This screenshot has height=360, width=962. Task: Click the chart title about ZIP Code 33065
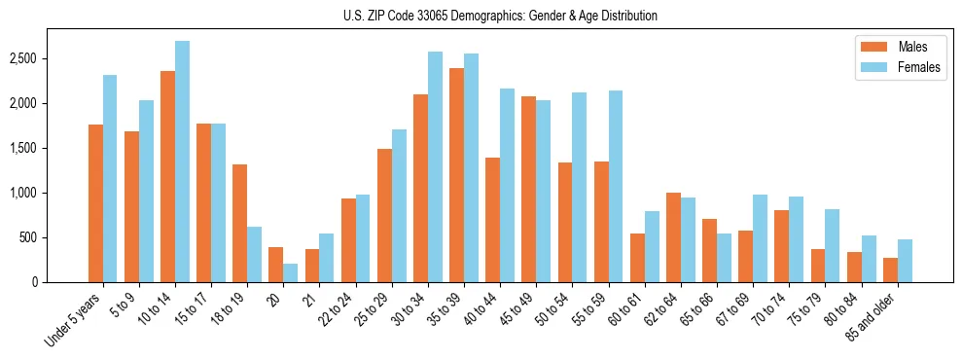coord(500,16)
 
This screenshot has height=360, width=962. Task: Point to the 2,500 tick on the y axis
coord(22,58)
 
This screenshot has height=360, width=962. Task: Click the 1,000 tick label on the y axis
coord(22,193)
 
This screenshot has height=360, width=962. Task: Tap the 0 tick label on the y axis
coord(33,282)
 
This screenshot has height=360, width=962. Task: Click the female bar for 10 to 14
coord(182,162)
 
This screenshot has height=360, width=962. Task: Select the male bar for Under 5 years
coord(95,203)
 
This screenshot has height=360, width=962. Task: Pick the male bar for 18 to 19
coord(239,224)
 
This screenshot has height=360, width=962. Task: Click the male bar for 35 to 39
coord(456,175)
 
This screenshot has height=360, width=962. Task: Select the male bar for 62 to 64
coord(673,237)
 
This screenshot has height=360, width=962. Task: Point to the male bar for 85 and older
coord(890,270)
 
